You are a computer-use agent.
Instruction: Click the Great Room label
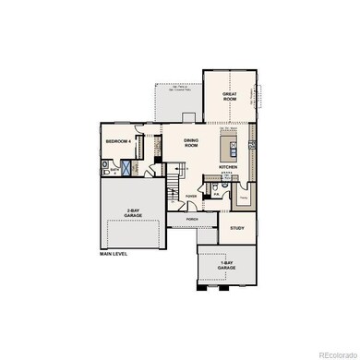230,96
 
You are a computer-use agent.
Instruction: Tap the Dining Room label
191,143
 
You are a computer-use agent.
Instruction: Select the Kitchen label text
229,167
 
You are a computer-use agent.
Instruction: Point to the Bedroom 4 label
118,141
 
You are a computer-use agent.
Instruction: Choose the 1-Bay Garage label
227,268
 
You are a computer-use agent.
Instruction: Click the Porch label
192,219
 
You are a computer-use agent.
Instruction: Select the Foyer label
191,197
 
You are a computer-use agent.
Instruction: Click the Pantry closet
245,195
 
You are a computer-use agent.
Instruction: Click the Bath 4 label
115,171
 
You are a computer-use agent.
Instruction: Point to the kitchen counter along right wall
250,148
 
